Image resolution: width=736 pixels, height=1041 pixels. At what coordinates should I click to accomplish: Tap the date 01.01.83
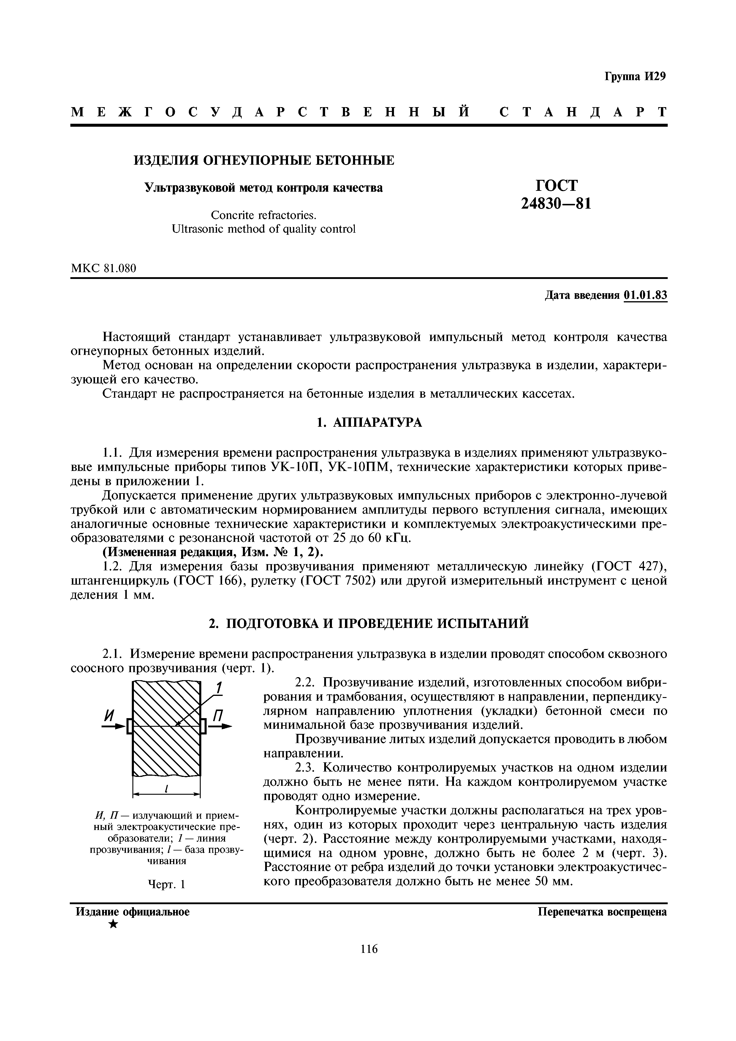tap(645, 296)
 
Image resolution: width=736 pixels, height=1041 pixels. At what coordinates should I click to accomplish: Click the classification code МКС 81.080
tap(103, 269)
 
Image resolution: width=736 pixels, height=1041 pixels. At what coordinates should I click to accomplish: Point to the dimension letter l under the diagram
tap(167, 789)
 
